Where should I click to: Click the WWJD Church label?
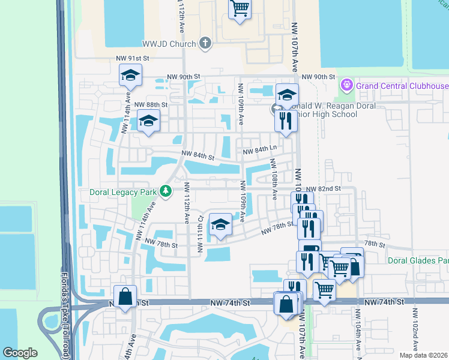[169, 44]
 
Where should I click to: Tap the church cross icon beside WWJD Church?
[206, 43]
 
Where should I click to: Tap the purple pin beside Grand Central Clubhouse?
[346, 85]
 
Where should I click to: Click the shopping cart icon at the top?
[240, 8]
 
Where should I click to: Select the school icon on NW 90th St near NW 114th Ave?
[130, 76]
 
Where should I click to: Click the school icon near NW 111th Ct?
[220, 226]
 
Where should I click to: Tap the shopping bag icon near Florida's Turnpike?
[125, 296]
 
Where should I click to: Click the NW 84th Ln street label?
[260, 148]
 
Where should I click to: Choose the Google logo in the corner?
[20, 352]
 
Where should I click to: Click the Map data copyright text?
[423, 355]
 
